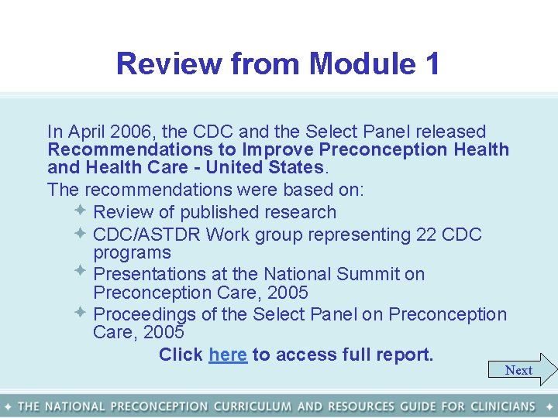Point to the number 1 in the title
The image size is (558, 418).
click(432, 63)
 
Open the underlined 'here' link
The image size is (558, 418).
click(228, 355)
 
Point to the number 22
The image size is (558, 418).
click(426, 235)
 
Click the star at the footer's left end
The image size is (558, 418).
click(8, 406)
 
